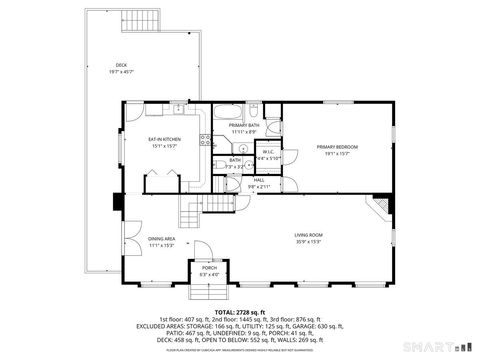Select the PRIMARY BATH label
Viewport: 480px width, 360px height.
[x=244, y=125]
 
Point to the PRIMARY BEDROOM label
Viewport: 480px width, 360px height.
[x=337, y=147]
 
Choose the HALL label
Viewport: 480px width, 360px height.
[x=258, y=180]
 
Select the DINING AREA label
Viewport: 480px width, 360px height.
[x=161, y=239]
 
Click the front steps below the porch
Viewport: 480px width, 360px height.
[x=208, y=293]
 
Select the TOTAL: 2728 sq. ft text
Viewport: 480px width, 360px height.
[x=240, y=313]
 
